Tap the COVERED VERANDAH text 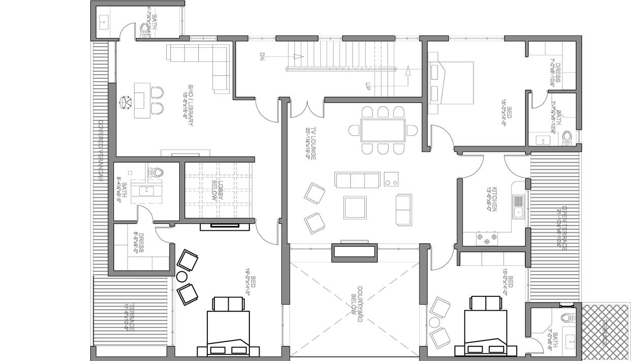(101, 150)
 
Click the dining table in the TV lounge (383, 130)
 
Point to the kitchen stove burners (487, 238)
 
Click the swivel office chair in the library (125, 103)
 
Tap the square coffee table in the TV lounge (355, 207)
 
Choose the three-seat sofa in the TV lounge (357, 180)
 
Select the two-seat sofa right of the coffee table (404, 209)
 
